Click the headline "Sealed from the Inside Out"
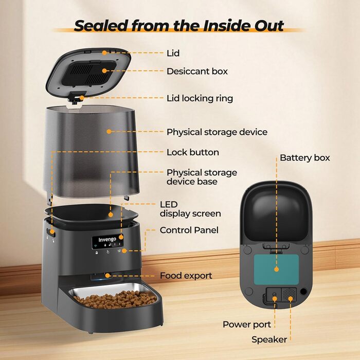tap(179, 26)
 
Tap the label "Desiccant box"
tap(197, 71)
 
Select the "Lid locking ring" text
tap(200, 98)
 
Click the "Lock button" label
tap(193, 152)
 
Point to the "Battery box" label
tap(304, 158)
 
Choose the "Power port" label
tap(247, 325)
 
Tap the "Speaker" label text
tap(269, 339)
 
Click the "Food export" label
tap(186, 276)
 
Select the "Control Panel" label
tap(189, 230)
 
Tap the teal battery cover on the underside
tap(277, 269)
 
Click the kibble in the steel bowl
tap(115, 299)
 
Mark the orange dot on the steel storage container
tap(109, 131)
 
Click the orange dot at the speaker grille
tap(291, 299)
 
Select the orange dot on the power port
tap(275, 298)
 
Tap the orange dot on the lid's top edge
tap(104, 53)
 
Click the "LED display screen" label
tap(190, 209)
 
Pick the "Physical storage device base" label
tap(202, 177)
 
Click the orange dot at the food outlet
tap(107, 276)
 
